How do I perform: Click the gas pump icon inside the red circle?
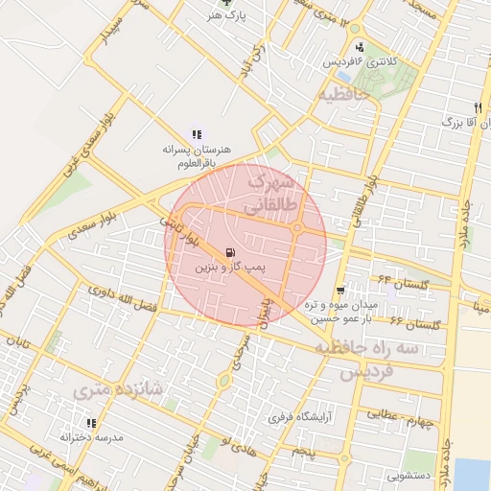click(228, 253)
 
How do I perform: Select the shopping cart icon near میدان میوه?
click(340, 290)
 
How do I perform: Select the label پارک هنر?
click(228, 16)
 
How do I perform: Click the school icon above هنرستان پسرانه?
click(197, 134)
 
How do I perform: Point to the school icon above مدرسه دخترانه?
click(92, 422)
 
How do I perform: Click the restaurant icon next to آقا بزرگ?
click(478, 106)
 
